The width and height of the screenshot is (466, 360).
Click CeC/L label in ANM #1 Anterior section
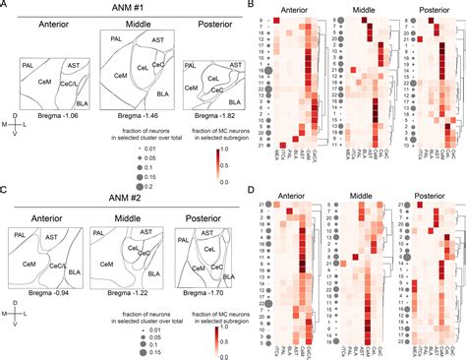point(72,85)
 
